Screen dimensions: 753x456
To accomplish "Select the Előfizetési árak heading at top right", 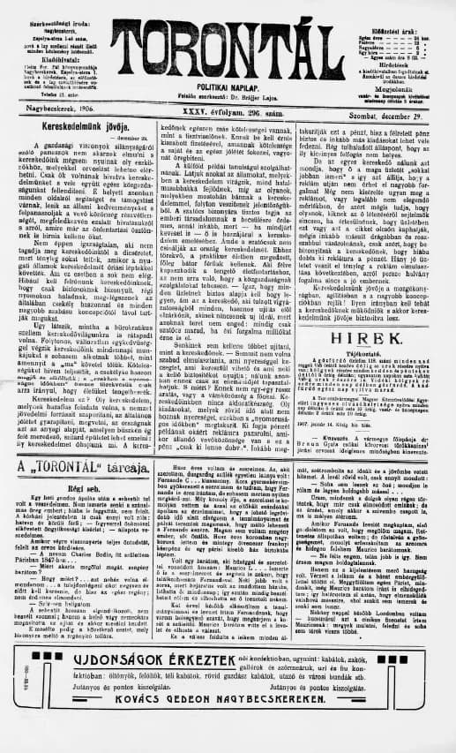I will [389, 8].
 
